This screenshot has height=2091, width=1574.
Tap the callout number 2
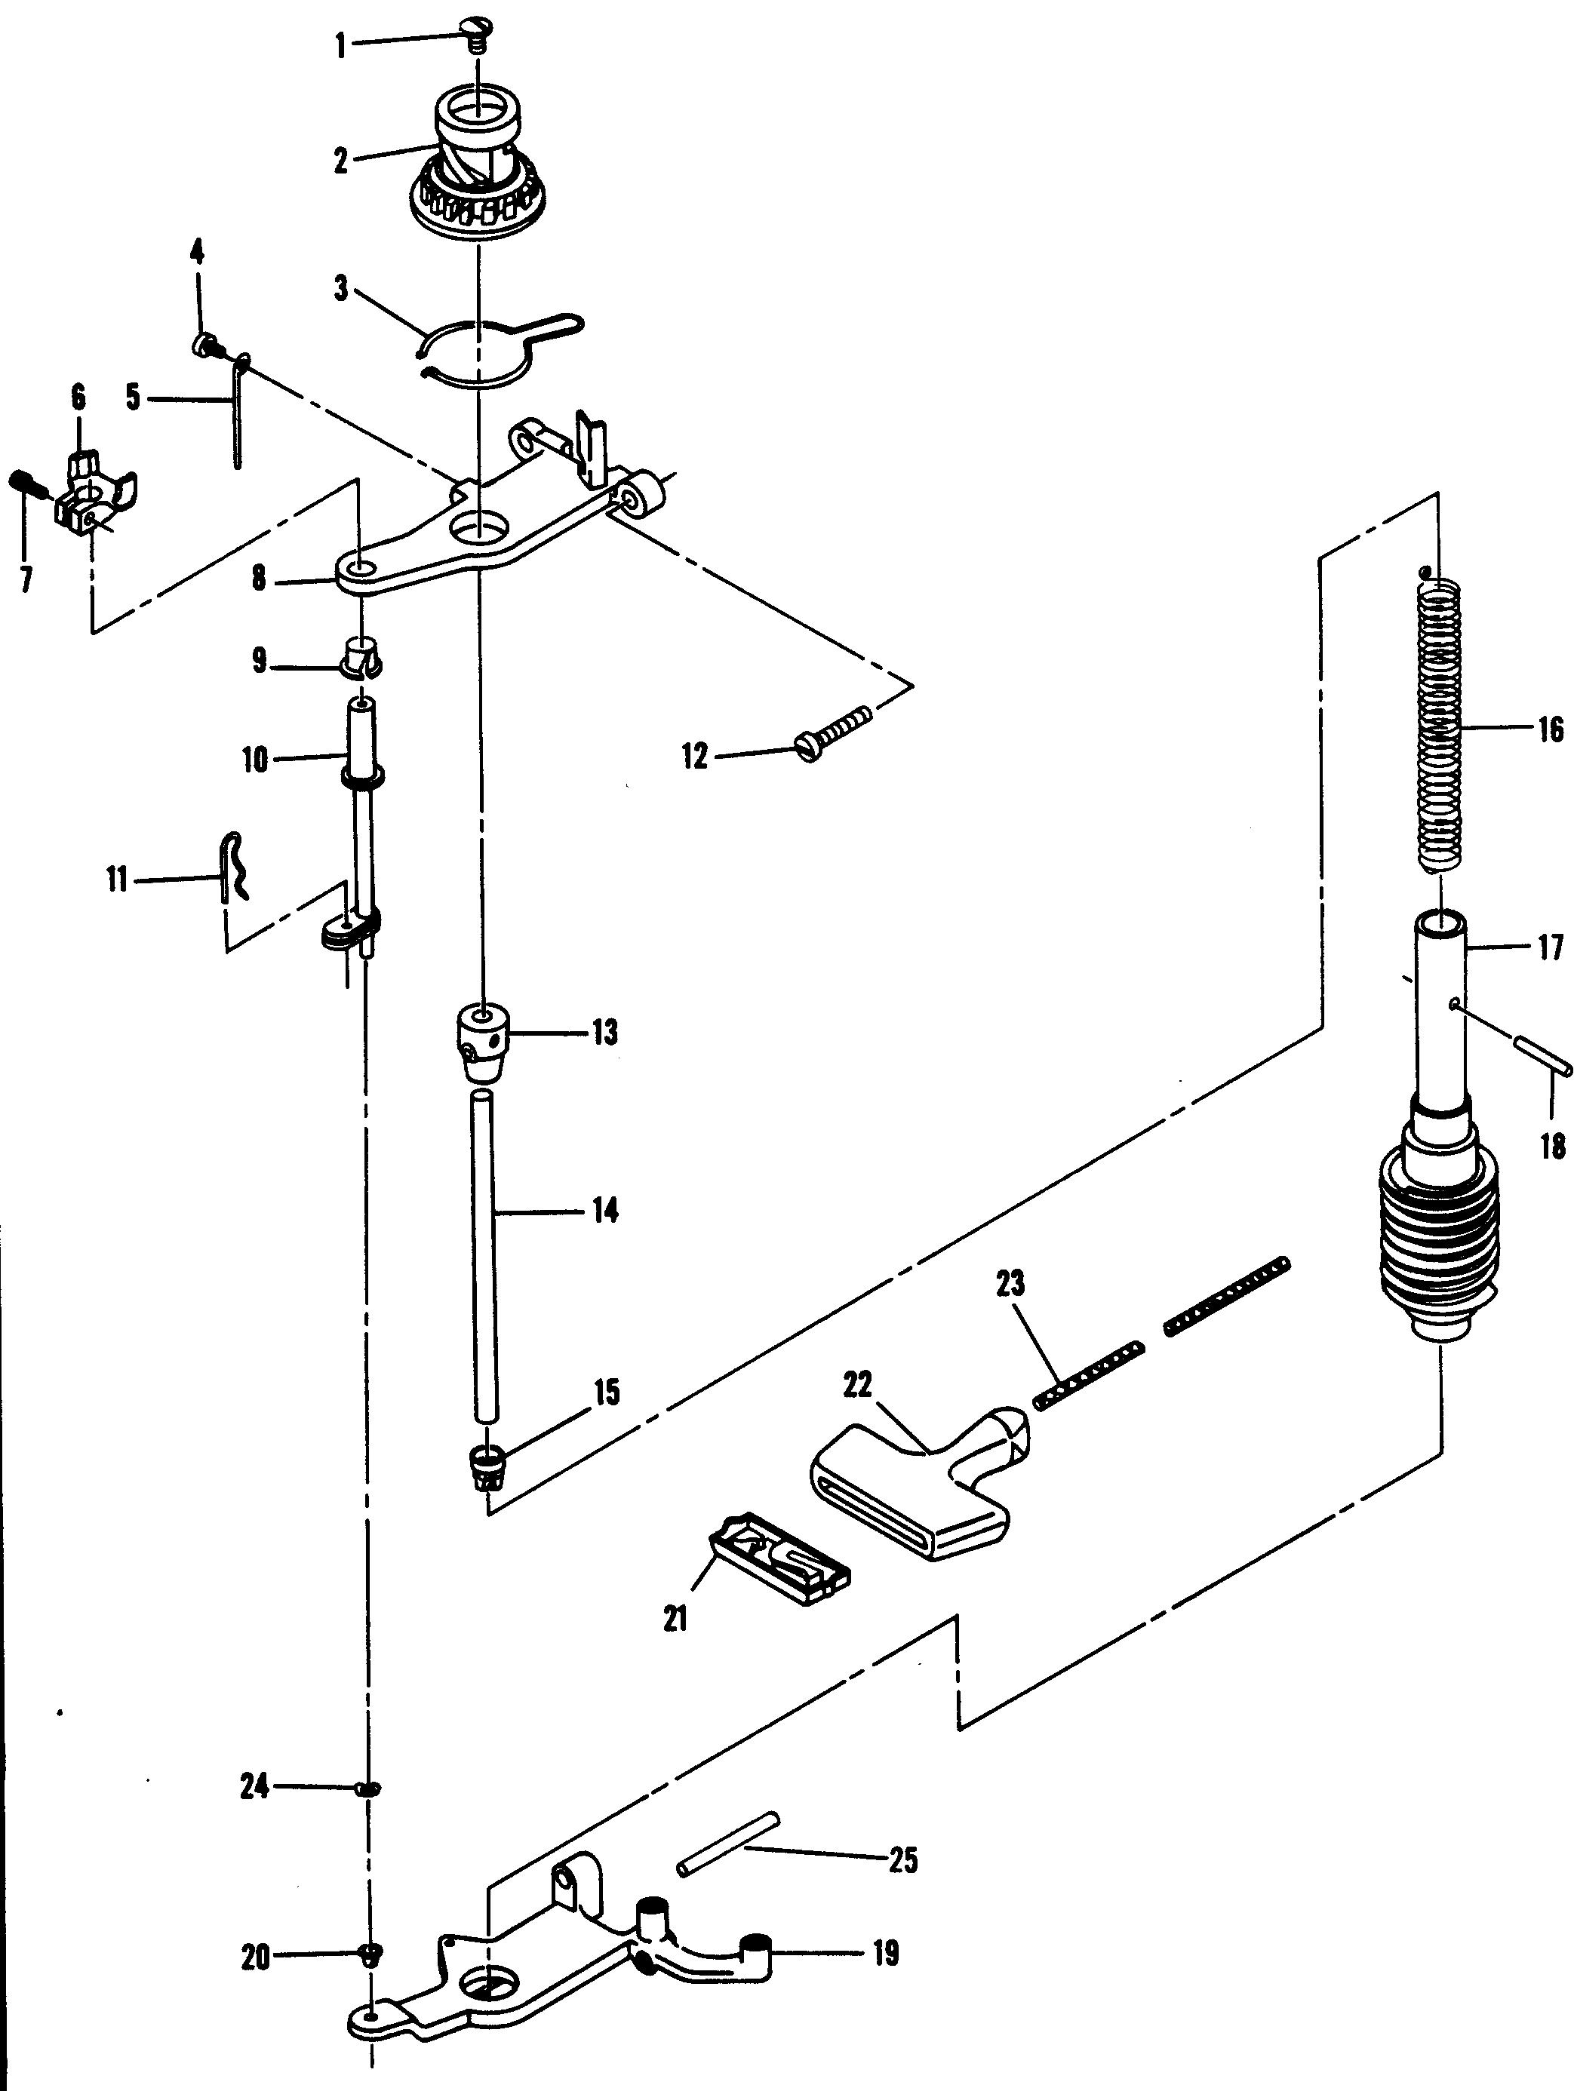(341, 160)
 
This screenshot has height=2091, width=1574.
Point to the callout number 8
(258, 579)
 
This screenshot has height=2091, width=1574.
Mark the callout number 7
(26, 579)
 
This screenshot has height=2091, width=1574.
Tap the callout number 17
(1549, 948)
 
